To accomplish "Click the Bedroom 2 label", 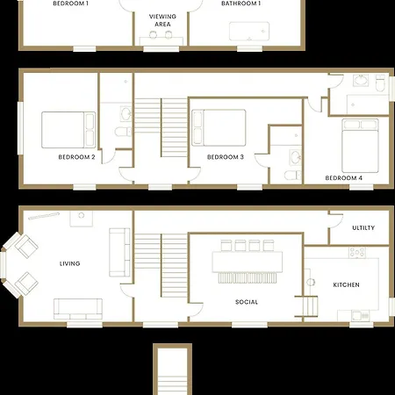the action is coord(76,157).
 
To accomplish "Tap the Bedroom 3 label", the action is coord(226,157).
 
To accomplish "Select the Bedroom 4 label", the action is coord(344,178).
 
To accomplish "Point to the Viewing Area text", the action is coord(162,20).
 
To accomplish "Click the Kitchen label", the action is coord(347,284).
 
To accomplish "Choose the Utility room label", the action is coord(363,227).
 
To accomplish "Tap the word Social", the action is coord(247,302).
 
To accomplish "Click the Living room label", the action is coord(69,263).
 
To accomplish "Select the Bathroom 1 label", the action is coord(241,4).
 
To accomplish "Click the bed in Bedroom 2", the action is coord(68,130).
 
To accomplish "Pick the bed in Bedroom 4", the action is coord(360,146).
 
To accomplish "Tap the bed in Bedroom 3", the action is coord(219,127).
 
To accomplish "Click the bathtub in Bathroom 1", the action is coord(249,31).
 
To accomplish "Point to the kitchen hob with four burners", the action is coord(357,253).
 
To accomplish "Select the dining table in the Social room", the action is coord(248,262).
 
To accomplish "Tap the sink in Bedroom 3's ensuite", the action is coord(296,158).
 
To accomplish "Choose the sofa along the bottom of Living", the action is coord(78,309).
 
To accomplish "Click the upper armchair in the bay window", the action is coord(26,247).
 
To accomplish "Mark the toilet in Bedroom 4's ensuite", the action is coord(381,83).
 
